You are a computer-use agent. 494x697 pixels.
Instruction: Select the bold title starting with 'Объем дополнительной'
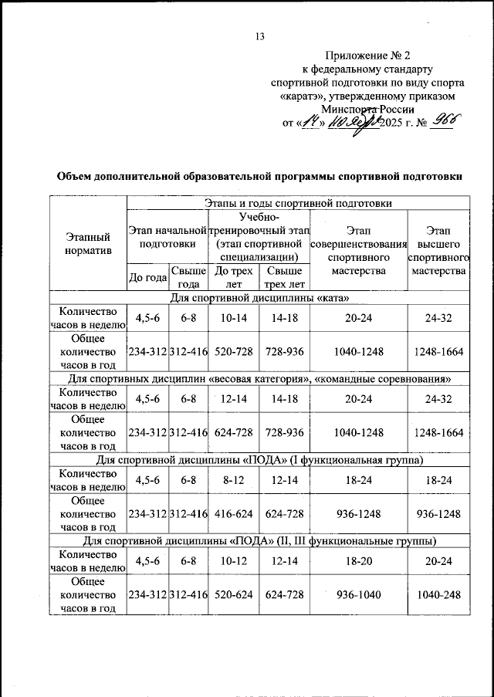pyautogui.click(x=259, y=176)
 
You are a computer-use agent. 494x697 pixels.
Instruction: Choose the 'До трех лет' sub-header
pyautogui.click(x=234, y=277)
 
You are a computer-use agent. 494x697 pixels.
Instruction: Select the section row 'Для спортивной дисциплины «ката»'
pyautogui.click(x=259, y=298)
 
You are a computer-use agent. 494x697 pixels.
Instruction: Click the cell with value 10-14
pyautogui.click(x=234, y=317)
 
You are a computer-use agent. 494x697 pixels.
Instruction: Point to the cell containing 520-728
pyautogui.click(x=234, y=351)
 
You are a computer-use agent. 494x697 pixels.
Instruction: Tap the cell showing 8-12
pyautogui.click(x=234, y=479)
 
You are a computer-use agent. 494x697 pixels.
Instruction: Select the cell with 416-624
pyautogui.click(x=234, y=513)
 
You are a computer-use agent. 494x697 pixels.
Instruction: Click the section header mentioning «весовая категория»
pyautogui.click(x=259, y=378)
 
